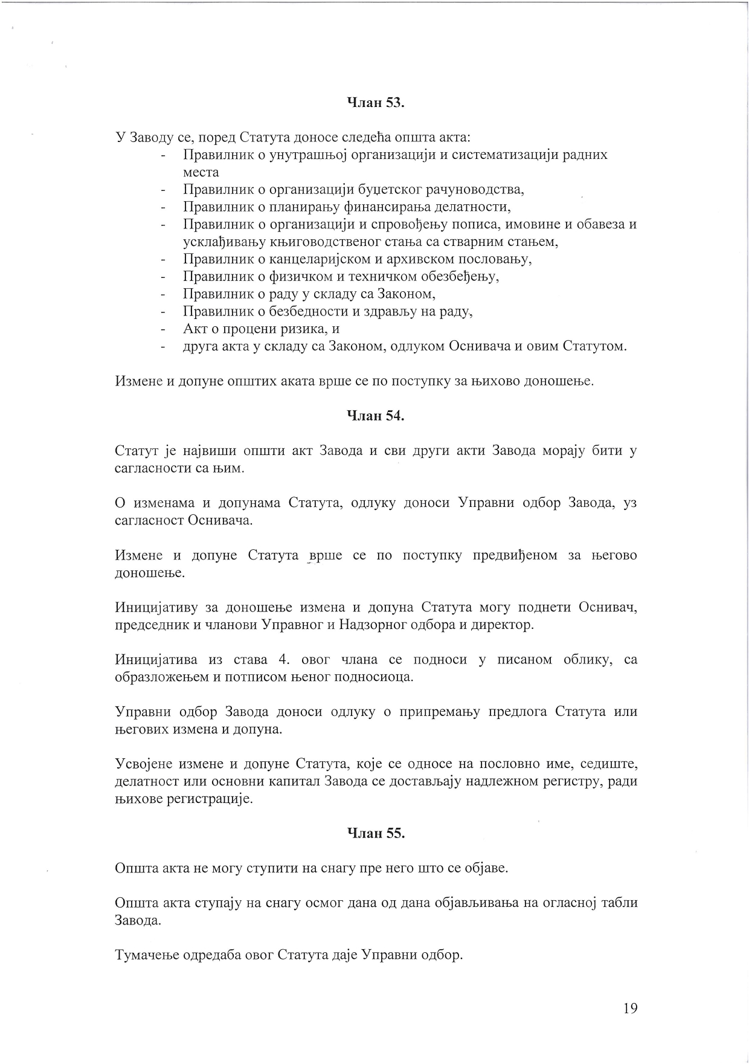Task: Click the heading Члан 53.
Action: coord(375,103)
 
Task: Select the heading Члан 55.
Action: coord(375,833)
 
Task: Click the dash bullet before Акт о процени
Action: coord(163,329)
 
